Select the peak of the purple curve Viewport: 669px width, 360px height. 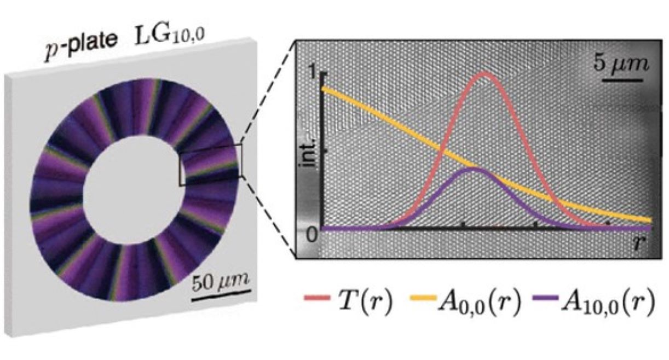474,168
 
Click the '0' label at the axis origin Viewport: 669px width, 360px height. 313,235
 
